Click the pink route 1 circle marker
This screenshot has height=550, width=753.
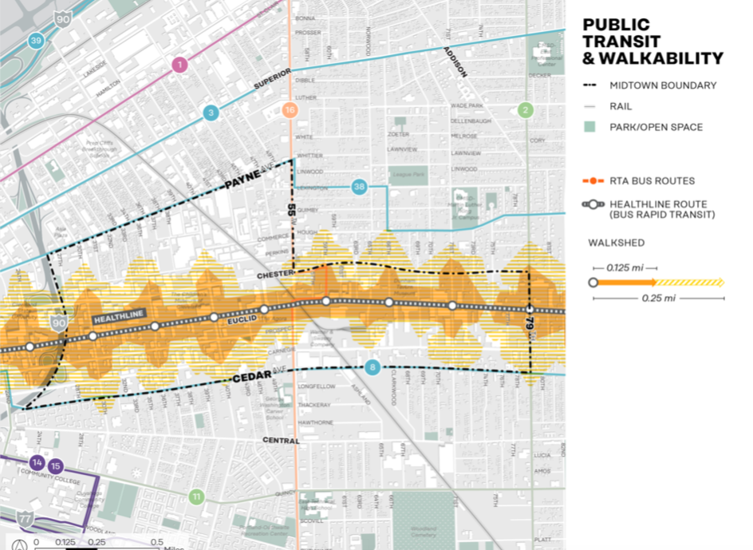point(179,65)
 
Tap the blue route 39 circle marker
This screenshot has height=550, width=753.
point(35,41)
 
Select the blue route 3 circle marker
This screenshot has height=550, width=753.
point(211,113)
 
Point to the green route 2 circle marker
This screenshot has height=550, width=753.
point(525,110)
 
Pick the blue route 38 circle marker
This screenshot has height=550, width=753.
point(360,186)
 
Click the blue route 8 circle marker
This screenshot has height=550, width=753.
point(372,367)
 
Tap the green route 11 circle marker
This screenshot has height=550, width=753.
point(196,497)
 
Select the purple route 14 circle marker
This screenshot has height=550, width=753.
point(37,463)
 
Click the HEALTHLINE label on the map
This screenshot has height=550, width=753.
point(120,317)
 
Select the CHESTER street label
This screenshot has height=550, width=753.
point(276,274)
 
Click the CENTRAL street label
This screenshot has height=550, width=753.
point(282,441)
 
